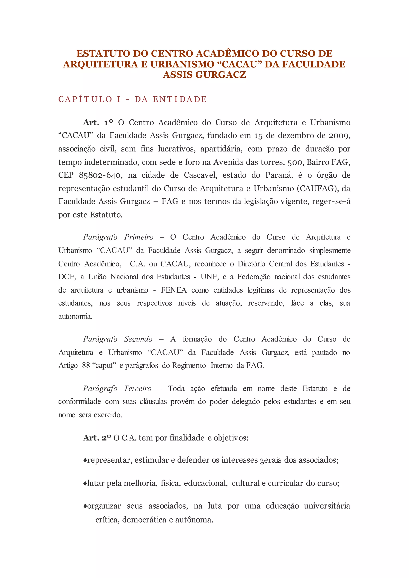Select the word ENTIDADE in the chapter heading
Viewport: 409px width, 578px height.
pos(180,99)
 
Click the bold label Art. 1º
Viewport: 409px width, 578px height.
pos(98,123)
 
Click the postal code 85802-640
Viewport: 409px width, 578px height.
pos(100,175)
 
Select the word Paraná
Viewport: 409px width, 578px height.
pos(279,175)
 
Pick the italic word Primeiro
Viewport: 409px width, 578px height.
pos(139,237)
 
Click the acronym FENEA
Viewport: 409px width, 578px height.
pos(174,290)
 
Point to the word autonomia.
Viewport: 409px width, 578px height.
pos(75,316)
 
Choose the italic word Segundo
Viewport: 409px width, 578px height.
pos(138,339)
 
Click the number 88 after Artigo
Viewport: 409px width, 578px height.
pos(86,365)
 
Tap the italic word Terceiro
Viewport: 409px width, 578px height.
pos(138,388)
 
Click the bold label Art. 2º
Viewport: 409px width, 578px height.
pos(97,438)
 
